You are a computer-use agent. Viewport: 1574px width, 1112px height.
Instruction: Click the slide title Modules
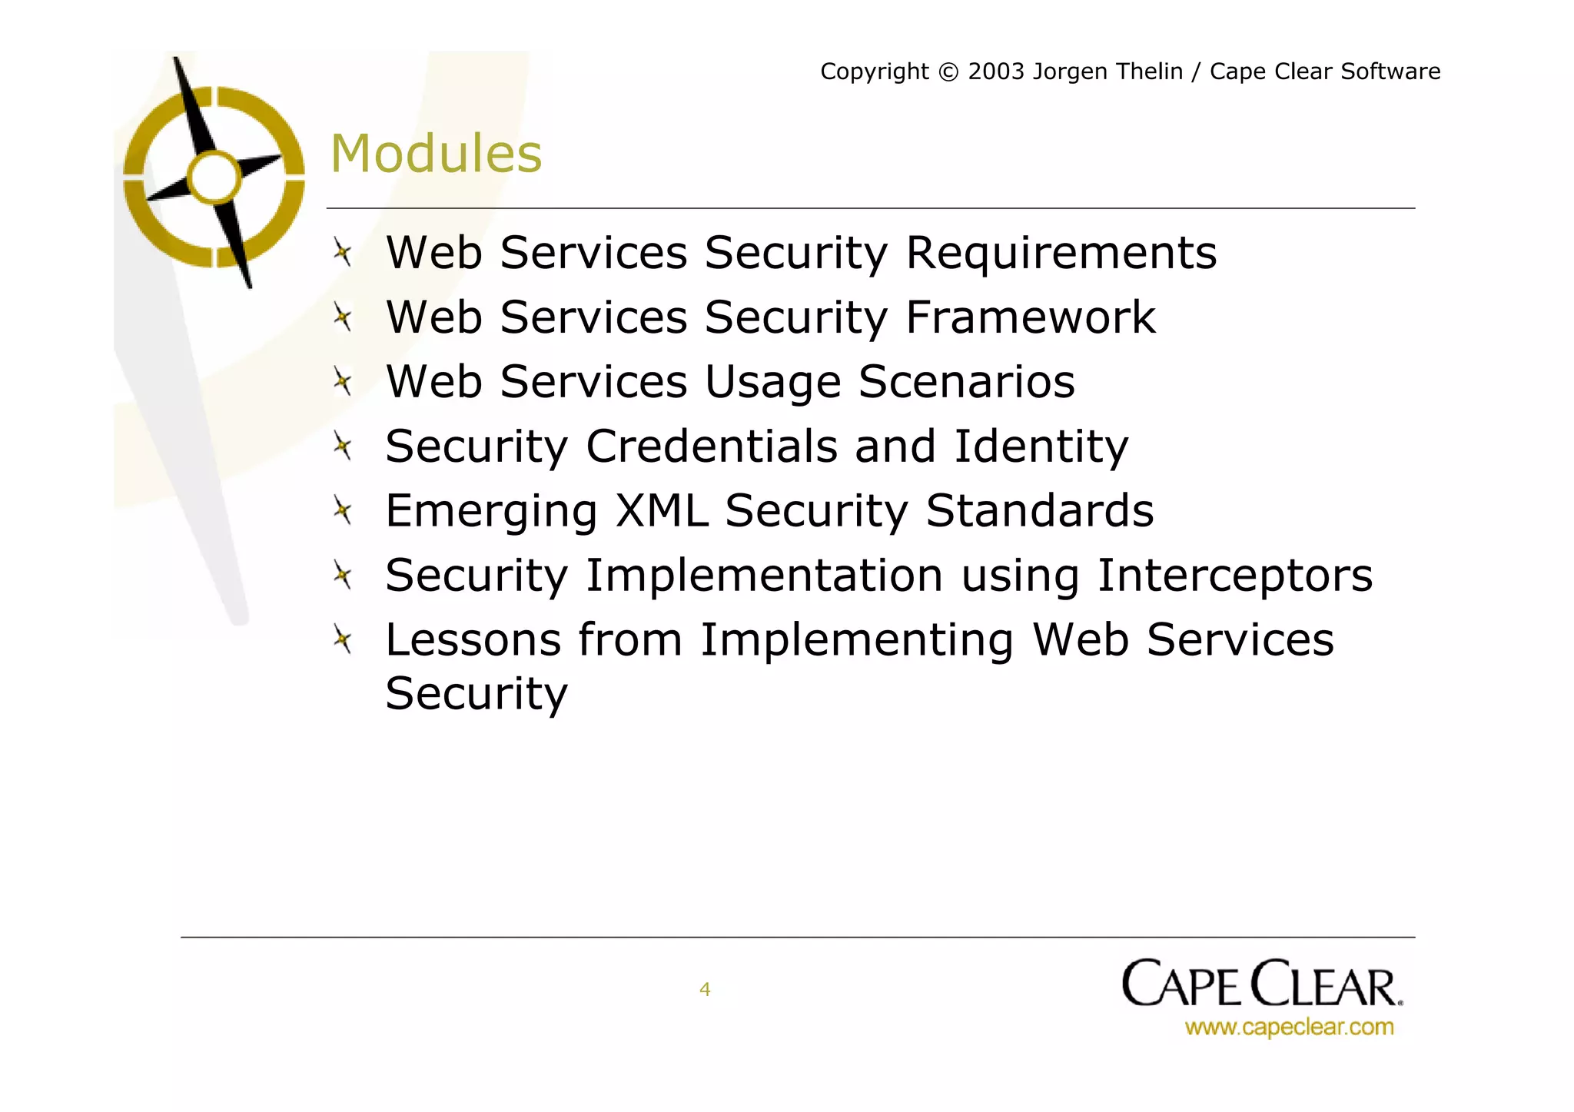(436, 154)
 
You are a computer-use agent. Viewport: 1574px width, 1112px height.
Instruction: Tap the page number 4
(705, 989)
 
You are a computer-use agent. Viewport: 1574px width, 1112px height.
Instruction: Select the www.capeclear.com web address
(1289, 1027)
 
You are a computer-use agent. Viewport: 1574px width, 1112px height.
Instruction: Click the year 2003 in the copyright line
(996, 71)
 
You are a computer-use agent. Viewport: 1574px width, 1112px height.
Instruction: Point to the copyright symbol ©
(949, 72)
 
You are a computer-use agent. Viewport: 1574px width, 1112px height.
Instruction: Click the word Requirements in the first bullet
(1061, 253)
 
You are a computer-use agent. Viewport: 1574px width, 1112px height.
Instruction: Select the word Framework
(1030, 317)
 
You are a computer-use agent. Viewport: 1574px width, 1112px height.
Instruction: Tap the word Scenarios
(966, 382)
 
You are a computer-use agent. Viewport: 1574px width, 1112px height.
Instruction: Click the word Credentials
(712, 446)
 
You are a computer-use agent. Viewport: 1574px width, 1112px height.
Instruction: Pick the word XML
(661, 511)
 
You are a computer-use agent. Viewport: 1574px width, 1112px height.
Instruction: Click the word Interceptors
(1234, 576)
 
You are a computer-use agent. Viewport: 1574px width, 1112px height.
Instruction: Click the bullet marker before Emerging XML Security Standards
(343, 510)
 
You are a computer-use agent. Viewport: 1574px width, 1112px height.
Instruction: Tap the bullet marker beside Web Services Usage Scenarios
(343, 381)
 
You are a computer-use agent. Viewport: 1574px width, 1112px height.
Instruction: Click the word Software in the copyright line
(1390, 71)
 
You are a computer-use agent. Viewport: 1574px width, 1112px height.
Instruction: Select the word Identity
(1041, 446)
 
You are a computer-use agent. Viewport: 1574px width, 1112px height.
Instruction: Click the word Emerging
(491, 513)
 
